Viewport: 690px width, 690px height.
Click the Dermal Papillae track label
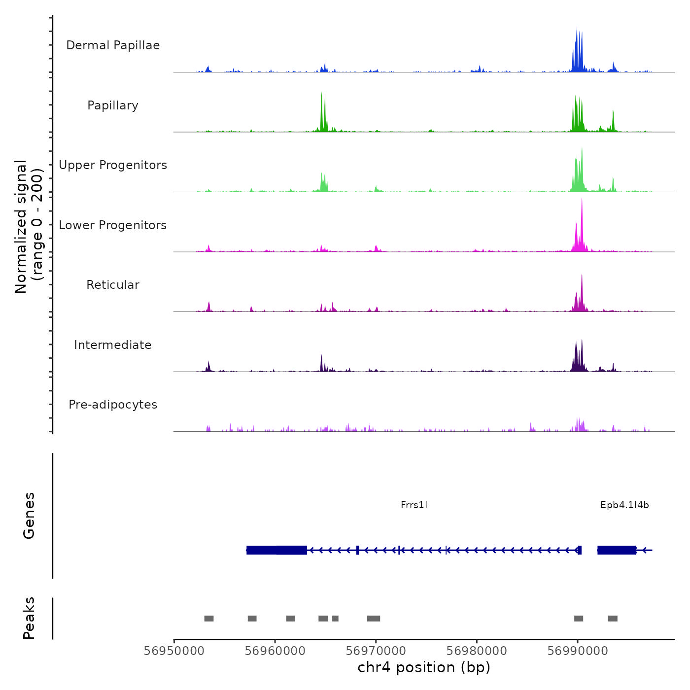[113, 45]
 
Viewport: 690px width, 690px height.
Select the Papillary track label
[113, 105]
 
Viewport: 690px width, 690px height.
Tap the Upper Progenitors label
[113, 165]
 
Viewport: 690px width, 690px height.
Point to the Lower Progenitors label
[113, 225]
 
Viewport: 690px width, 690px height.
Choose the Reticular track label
[113, 285]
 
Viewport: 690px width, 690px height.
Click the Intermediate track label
[113, 345]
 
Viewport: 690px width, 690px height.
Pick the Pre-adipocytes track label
[113, 405]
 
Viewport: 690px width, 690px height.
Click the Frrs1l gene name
[414, 505]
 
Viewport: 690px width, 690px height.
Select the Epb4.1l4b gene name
[624, 505]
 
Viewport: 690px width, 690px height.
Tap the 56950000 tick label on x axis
[174, 651]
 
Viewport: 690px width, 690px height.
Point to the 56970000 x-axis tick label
[376, 651]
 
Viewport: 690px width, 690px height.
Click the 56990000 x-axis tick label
[578, 651]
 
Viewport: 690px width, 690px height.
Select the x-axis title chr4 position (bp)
[424, 667]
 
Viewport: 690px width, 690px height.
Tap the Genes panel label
[29, 516]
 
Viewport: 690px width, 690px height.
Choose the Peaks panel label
[29, 618]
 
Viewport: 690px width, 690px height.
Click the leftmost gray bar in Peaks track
[209, 619]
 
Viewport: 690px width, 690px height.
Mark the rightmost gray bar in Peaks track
[613, 619]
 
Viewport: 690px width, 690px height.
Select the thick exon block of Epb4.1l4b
[617, 550]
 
